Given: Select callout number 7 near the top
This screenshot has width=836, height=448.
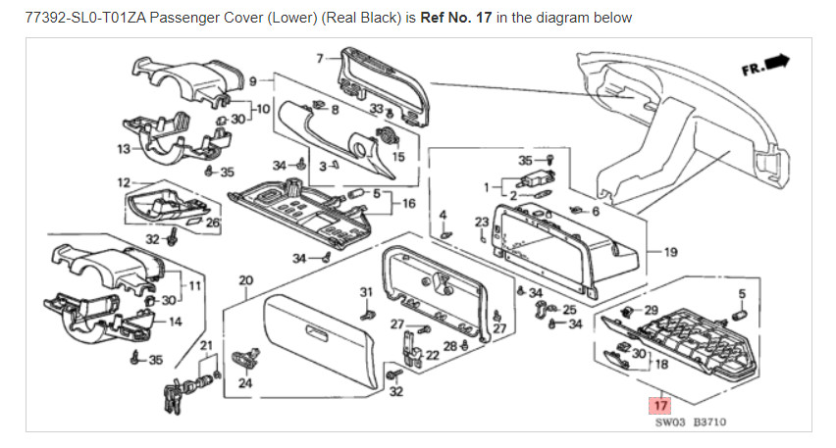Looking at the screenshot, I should click(319, 59).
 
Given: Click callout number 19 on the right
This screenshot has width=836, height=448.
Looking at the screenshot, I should click(671, 253).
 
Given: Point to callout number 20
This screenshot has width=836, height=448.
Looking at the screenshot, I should click(245, 280).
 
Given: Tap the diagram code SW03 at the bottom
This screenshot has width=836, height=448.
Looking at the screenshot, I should click(670, 423).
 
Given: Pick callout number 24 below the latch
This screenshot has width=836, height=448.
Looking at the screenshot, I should click(245, 383).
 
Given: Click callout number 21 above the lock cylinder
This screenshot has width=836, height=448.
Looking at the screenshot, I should click(206, 344).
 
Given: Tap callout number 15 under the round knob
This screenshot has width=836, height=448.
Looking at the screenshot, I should click(398, 157).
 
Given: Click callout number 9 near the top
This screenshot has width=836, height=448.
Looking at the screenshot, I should click(252, 80).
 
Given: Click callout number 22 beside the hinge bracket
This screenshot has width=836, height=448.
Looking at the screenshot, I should click(431, 355).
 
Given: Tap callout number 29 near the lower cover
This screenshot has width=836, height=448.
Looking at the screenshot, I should click(652, 310).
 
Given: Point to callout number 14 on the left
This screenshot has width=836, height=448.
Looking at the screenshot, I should click(176, 322).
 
